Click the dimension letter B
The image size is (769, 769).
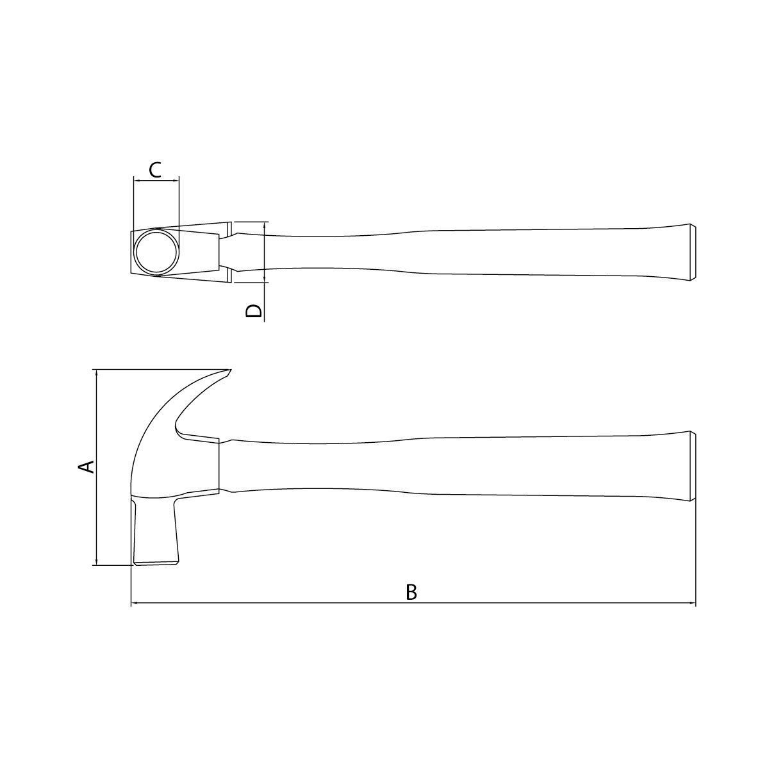(411, 592)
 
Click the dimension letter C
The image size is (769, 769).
(155, 170)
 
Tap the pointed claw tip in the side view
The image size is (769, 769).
(229, 371)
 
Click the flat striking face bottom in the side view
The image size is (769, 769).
(156, 563)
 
